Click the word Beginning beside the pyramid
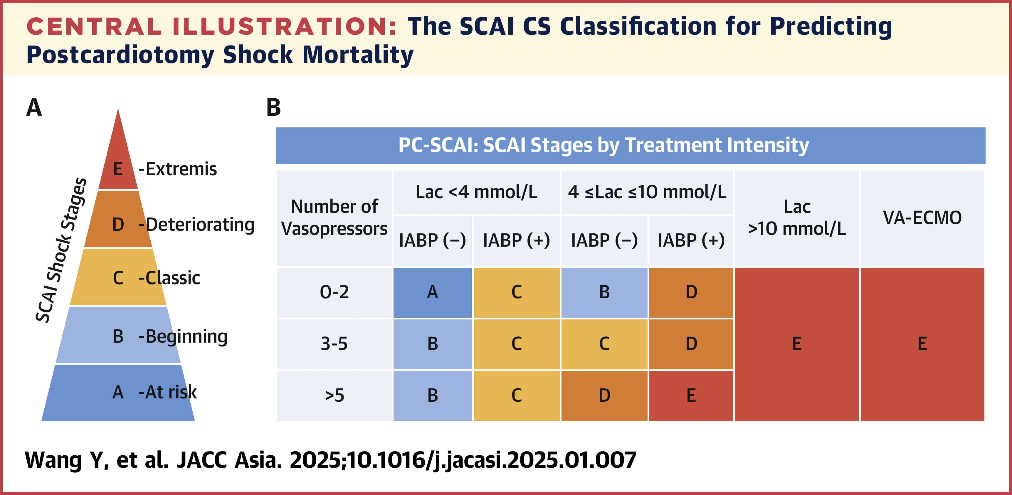coord(186,337)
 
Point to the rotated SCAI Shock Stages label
coord(61,250)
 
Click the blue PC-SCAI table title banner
coord(631,145)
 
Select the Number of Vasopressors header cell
coord(334,218)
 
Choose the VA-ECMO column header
coord(922,218)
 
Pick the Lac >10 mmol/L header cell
coord(797,218)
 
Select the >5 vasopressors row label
coord(334,395)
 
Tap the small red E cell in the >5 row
coord(691,395)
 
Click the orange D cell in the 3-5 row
coord(691,344)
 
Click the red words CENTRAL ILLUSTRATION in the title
coord(212,27)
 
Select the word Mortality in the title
coord(358,55)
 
